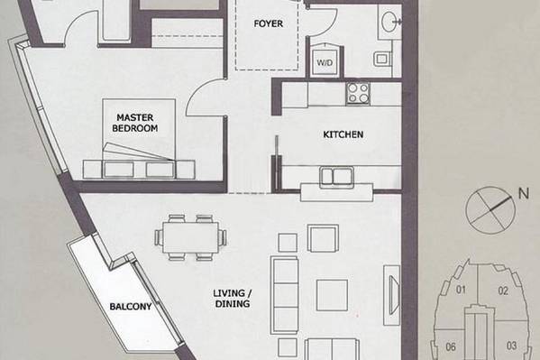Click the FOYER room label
pos(268,23)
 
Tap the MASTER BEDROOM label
pos(135,123)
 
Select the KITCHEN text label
pos(343,134)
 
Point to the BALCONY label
pos(130,306)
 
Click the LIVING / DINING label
pos(233,299)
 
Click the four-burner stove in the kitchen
pos(358,93)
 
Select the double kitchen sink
pos(336,177)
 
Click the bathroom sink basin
pos(390,22)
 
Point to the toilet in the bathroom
pos(383,59)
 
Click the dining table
pos(190,238)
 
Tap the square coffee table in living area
pos(332,295)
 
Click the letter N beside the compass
pos(524,193)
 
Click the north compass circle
pos(490,210)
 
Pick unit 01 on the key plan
pos(461,290)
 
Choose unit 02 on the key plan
pos(503,291)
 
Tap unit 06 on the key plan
pos(451,346)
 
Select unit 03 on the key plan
pos(511,346)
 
